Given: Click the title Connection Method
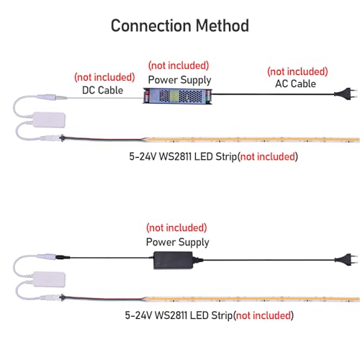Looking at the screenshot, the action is (x=180, y=25).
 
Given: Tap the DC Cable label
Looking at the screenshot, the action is (x=102, y=90).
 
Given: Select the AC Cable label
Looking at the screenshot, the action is (x=295, y=84).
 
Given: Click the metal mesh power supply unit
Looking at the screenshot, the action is (x=178, y=96).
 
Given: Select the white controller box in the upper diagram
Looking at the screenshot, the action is (x=49, y=120).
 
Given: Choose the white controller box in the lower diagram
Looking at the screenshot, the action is (x=49, y=279).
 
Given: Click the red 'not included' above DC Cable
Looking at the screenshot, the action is (x=104, y=77).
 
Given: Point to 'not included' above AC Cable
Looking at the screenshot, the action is (x=297, y=71).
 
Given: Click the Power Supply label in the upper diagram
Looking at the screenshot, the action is (x=179, y=80).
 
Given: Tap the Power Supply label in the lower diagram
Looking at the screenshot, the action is (x=178, y=242).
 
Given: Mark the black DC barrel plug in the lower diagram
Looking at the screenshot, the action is (x=63, y=257).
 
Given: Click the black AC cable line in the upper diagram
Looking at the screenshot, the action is (x=274, y=94).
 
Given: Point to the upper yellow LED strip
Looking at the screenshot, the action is (x=252, y=140).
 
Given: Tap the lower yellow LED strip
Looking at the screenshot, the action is (x=252, y=300).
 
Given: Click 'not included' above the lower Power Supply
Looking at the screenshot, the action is (x=176, y=228).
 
